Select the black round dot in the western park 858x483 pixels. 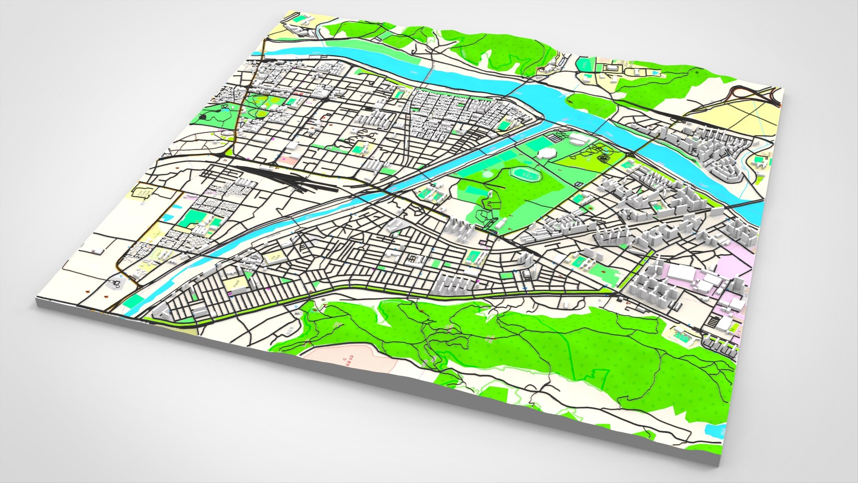(203, 117)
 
